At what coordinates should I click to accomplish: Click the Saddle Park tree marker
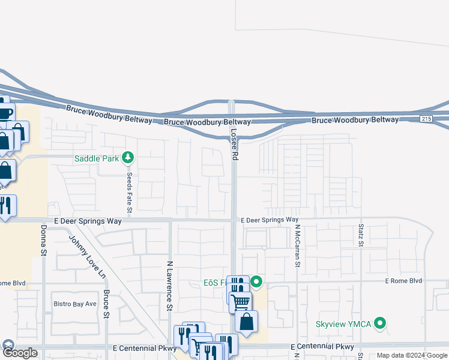click(x=127, y=158)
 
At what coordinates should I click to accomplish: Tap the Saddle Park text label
click(x=97, y=159)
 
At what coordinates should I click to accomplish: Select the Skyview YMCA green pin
click(x=379, y=324)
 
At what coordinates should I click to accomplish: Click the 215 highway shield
click(x=426, y=119)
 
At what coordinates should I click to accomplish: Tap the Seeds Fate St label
click(x=129, y=193)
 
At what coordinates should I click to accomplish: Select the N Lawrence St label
click(x=170, y=286)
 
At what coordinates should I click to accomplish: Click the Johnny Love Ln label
click(x=87, y=256)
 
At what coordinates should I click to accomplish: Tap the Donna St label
click(x=44, y=241)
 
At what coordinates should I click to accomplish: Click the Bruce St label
click(x=106, y=304)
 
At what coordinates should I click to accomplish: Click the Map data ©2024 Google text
click(x=412, y=356)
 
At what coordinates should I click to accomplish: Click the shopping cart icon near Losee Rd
click(x=240, y=301)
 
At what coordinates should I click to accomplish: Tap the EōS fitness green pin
click(x=256, y=281)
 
